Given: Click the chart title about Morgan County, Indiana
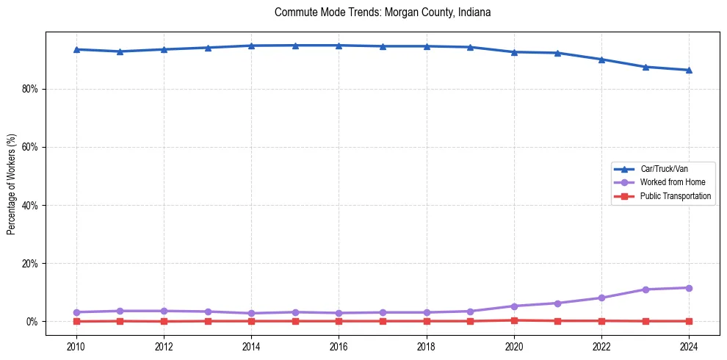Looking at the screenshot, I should point(382,12).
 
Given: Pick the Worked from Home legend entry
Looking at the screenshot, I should point(672,182).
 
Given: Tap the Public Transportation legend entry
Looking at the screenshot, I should point(675,196).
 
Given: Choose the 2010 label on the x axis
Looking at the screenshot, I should point(76,345).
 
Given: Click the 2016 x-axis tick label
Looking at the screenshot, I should point(339,345).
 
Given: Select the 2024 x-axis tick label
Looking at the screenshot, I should point(689,345).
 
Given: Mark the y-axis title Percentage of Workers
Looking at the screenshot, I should point(12,184).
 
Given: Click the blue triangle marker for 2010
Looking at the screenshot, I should point(76,49).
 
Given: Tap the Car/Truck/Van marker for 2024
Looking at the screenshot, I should point(689,70).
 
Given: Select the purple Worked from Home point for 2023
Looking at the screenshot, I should point(645,289).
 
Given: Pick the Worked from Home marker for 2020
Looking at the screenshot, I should point(514,306).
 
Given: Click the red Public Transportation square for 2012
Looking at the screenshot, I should point(164,321).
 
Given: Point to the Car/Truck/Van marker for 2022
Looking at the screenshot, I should point(601,60).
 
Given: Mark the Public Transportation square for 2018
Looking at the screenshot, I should point(427,321).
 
